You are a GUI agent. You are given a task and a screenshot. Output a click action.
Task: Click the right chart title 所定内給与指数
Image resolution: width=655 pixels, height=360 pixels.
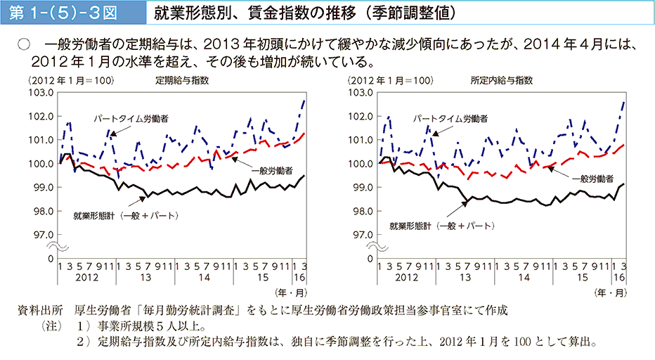(501, 80)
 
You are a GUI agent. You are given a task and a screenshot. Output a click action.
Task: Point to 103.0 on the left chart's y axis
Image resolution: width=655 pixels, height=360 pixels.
(44, 92)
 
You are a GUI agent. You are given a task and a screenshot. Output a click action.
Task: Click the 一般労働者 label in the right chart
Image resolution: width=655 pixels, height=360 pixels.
(592, 178)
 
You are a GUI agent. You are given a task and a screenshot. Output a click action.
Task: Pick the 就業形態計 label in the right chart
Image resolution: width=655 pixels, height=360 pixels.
(441, 226)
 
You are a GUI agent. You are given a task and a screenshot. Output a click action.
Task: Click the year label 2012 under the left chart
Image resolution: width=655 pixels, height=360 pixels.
(84, 278)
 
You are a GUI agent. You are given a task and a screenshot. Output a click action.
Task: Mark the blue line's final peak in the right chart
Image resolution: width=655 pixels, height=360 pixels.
(623, 102)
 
